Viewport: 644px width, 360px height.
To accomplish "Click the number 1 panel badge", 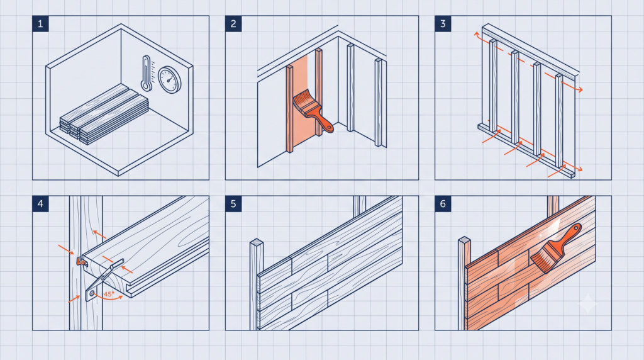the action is point(40,24).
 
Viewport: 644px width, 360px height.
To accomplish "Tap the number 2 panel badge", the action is point(233,24).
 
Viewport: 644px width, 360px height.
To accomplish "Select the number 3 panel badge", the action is point(443,24).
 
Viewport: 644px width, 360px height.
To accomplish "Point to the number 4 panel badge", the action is point(40,204).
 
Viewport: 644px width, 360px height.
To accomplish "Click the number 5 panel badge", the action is point(233,204).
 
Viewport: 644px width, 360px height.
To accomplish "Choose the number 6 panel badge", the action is point(443,204).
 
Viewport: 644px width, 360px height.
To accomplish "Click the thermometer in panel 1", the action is point(146,73).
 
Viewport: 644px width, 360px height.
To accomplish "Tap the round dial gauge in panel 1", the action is point(170,80).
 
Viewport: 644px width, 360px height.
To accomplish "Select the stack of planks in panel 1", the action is point(104,114).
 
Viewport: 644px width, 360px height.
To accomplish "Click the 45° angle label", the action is point(109,295).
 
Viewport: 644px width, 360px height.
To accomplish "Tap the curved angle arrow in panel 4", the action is point(108,298).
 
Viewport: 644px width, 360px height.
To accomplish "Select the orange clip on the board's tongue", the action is point(80,261).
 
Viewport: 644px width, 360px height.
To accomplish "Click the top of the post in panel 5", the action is point(257,242).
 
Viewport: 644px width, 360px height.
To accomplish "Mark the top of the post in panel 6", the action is point(465,240).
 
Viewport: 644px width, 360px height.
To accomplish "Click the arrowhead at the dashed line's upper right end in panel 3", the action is point(580,89).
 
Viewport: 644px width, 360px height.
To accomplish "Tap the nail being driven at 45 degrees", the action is point(106,278).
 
